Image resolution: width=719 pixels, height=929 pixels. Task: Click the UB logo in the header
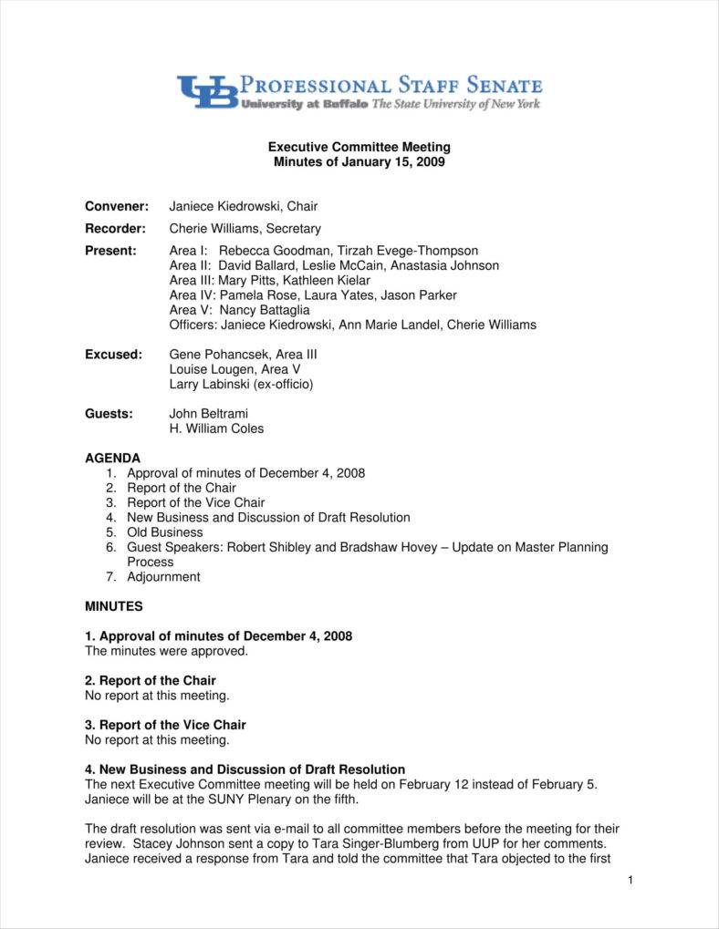click(207, 92)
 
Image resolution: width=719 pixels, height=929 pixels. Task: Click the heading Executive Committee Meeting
click(359, 147)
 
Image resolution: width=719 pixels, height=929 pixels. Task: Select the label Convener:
click(117, 206)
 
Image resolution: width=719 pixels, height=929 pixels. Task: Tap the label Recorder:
click(116, 229)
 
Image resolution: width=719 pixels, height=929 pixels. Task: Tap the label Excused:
click(113, 354)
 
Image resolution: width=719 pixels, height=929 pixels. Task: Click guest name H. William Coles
click(216, 428)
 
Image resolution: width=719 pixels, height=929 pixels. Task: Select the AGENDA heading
click(113, 458)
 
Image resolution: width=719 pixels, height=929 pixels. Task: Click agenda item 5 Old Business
click(164, 532)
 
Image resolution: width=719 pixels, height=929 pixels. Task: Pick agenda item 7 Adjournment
click(163, 577)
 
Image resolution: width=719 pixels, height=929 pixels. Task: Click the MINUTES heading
click(114, 606)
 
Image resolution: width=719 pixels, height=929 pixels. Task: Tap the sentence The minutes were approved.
click(166, 651)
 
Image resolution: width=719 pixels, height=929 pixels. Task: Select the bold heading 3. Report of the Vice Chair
click(165, 725)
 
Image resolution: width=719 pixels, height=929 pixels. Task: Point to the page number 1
click(630, 880)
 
